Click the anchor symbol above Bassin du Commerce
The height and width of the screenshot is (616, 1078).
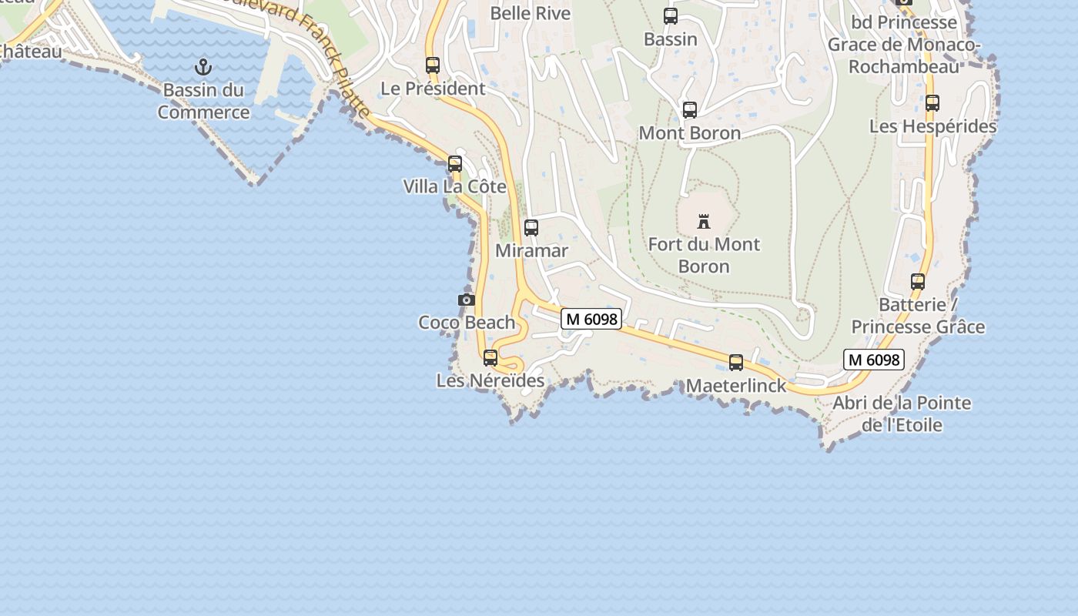point(203,66)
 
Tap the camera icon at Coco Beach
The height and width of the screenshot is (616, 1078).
point(466,300)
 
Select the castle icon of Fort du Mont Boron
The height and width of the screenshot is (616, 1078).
point(703,222)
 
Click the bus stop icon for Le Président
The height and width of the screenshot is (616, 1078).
point(433,65)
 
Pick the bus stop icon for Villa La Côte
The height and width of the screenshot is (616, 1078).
point(455,163)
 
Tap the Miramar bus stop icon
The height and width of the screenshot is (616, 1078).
point(531,228)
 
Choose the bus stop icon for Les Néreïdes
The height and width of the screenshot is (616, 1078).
point(490,358)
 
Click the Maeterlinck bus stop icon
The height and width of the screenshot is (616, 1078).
point(736,362)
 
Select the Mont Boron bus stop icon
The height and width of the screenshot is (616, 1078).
point(690,110)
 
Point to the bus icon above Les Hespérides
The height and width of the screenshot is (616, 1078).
point(932,102)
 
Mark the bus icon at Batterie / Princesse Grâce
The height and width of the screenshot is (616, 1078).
point(918,282)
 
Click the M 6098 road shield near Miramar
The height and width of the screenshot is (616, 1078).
point(591,319)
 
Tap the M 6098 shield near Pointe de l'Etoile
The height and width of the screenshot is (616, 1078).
point(873,360)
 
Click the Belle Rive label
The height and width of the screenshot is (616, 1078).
point(531,13)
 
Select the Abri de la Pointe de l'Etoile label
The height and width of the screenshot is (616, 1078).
point(902,413)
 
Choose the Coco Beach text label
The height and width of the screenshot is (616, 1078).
point(467,322)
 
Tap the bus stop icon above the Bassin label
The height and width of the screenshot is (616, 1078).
point(671,16)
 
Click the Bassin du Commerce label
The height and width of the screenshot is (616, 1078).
point(203,101)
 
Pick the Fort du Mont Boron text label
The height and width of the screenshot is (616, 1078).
point(704,255)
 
